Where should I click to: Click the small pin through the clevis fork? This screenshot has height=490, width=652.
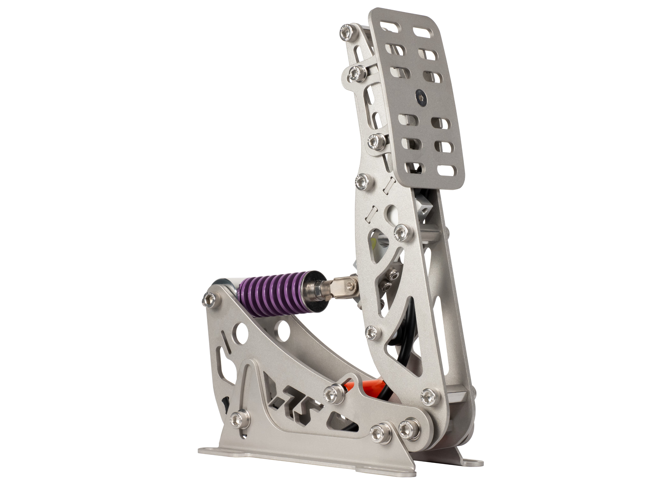(350, 285)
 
